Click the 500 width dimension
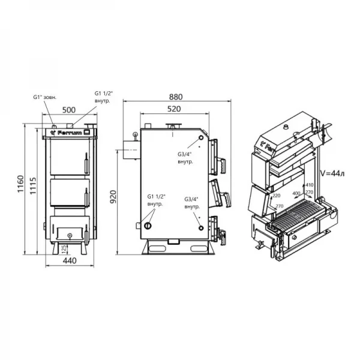click(68, 110)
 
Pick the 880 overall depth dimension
click(175, 97)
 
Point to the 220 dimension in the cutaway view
click(276, 196)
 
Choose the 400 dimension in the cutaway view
click(295, 194)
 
